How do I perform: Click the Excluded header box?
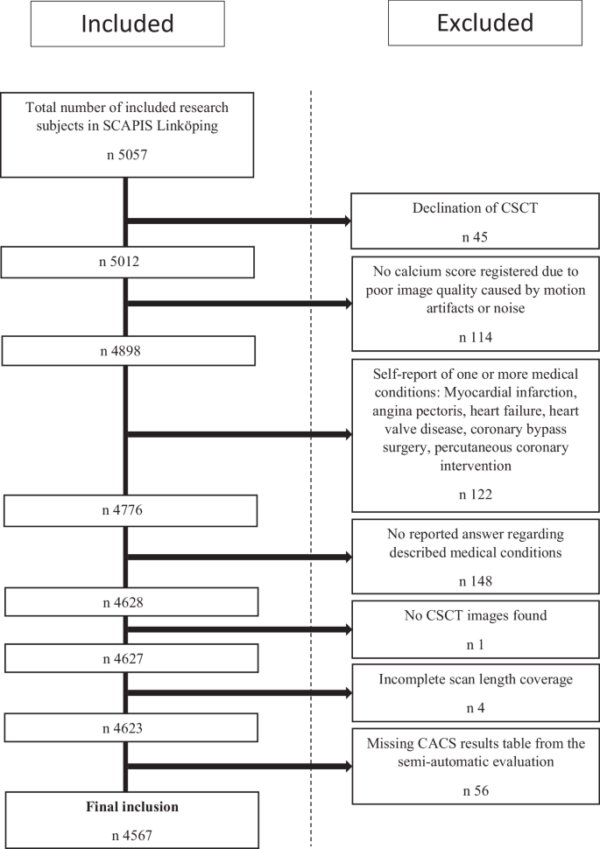tap(484, 23)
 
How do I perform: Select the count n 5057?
tap(128, 161)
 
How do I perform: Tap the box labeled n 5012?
tap(128, 262)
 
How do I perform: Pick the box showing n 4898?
tap(128, 351)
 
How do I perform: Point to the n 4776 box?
tap(130, 509)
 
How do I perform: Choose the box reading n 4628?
tap(130, 601)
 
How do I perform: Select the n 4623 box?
tap(130, 727)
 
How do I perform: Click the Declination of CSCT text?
tap(475, 208)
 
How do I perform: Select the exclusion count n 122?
tap(475, 494)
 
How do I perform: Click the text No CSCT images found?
tap(475, 615)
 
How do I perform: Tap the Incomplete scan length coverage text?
tap(475, 678)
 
